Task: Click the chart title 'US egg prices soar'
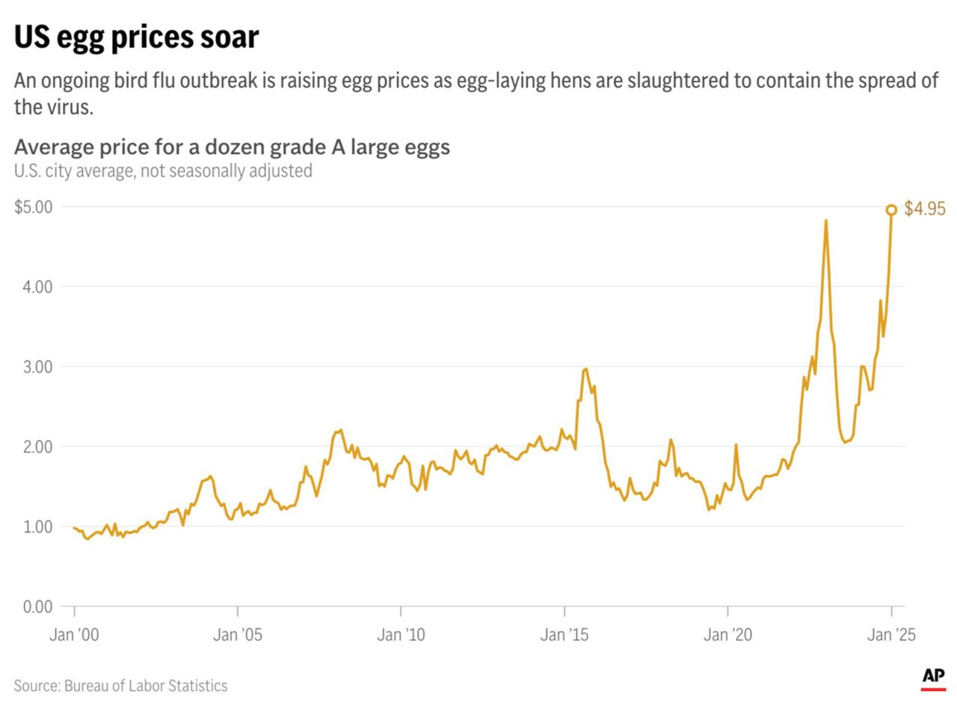coord(136,36)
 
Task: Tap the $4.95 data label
coord(925,209)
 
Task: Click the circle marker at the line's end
coord(891,210)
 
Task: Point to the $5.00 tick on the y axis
coord(33,206)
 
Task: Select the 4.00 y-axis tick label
coord(37,286)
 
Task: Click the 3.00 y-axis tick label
coord(37,366)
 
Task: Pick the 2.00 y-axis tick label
coord(37,446)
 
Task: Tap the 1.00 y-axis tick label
coord(37,527)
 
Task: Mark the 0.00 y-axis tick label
coord(37,607)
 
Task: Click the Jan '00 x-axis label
coord(74,635)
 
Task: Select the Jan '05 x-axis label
coord(238,635)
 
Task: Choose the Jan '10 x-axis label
coord(401,635)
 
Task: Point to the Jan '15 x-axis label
coord(564,635)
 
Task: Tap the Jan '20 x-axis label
coord(727,635)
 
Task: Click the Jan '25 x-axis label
coord(890,635)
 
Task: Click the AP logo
coord(933,677)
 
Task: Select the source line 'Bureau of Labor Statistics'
coord(120,685)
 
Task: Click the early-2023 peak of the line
coord(825,221)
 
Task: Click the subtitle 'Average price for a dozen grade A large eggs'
coord(232,147)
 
